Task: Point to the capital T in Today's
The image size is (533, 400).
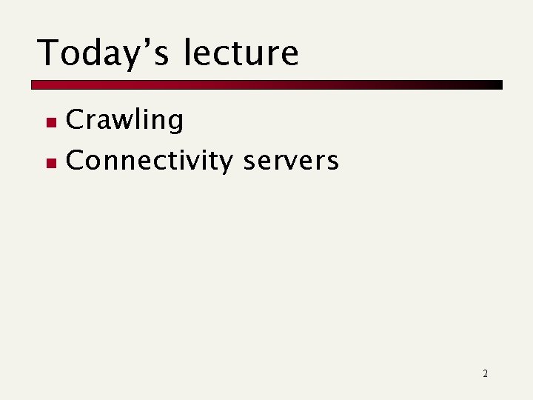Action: click(48, 53)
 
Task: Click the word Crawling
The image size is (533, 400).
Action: click(124, 121)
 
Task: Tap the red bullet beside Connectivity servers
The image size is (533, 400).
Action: click(50, 161)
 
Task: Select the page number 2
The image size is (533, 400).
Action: click(485, 373)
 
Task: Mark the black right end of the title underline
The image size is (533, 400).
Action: click(497, 84)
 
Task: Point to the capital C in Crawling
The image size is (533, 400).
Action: click(75, 120)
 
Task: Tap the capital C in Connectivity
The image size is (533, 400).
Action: click(75, 160)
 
